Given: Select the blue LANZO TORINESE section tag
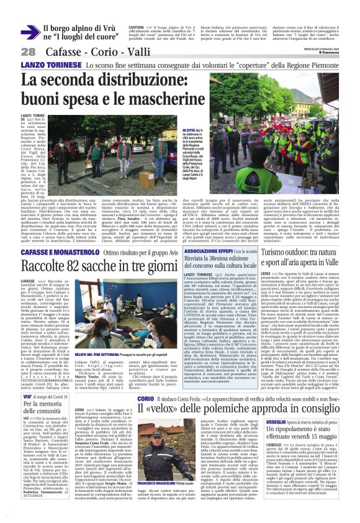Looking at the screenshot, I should tap(43, 65).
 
